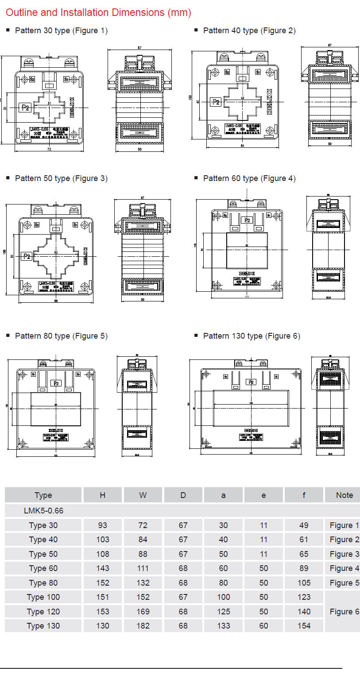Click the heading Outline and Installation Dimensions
coord(98,13)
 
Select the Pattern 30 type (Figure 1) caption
coord(61,31)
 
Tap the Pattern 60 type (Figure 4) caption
coord(249,178)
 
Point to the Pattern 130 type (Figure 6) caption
coord(252,336)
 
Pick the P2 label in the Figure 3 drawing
coord(27,256)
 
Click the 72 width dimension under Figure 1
coord(49,149)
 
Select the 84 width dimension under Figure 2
coord(243,146)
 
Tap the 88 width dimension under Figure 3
coord(56,301)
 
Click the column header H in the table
coord(102,495)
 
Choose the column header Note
coord(344,495)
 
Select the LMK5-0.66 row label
coord(43,510)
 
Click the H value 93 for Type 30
coord(102,525)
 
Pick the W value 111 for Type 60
coord(143,568)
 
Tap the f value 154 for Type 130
coord(304,626)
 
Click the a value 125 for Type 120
coord(223,612)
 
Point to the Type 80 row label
coord(43,583)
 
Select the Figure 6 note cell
coord(344,612)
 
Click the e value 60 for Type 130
coord(263,626)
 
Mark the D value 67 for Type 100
coord(183,597)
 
